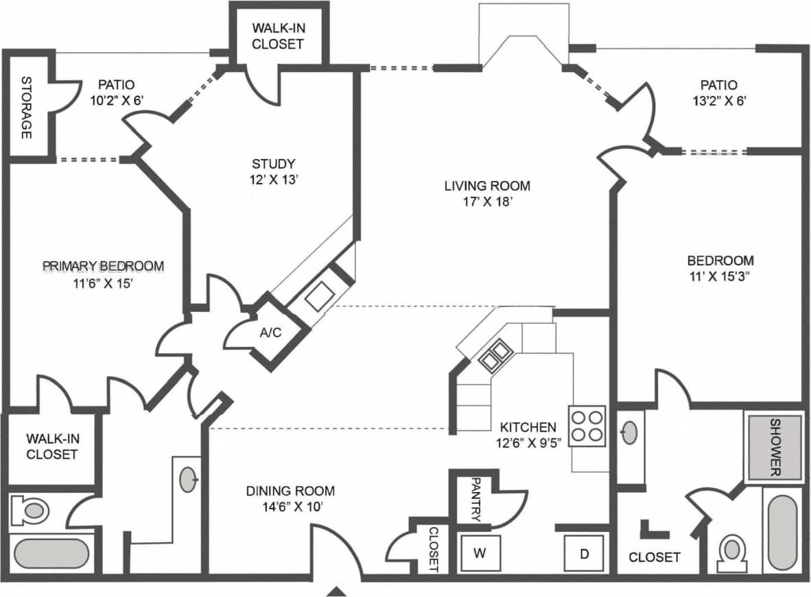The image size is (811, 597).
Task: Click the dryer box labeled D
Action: (x=584, y=552)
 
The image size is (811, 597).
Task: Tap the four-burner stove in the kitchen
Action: (x=587, y=426)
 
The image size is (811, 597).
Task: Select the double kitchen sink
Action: (x=496, y=354)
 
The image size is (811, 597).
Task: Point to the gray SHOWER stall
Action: (x=775, y=448)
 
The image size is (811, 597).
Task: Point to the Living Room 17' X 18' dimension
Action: (x=487, y=202)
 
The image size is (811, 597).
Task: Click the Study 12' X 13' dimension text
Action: (x=273, y=180)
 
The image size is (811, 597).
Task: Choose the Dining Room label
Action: (x=291, y=491)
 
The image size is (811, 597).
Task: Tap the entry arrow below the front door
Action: (x=336, y=592)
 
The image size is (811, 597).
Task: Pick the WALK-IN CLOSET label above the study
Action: (x=277, y=36)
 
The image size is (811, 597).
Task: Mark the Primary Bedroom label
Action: (x=103, y=266)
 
